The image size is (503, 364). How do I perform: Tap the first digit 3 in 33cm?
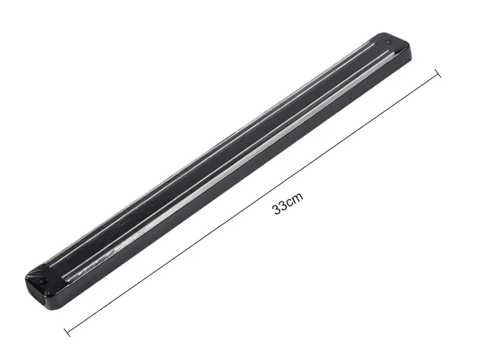coord(277,209)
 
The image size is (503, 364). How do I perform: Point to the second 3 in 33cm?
coord(284,205)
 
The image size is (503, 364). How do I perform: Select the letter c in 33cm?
coord(290,202)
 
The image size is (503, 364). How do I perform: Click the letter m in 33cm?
coord(298,197)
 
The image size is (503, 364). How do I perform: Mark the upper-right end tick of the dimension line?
coord(437,73)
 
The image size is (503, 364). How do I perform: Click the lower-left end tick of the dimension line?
coord(67,332)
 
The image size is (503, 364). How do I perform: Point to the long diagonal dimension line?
coord(252,203)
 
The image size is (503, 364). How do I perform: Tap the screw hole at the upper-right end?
coord(388,42)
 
